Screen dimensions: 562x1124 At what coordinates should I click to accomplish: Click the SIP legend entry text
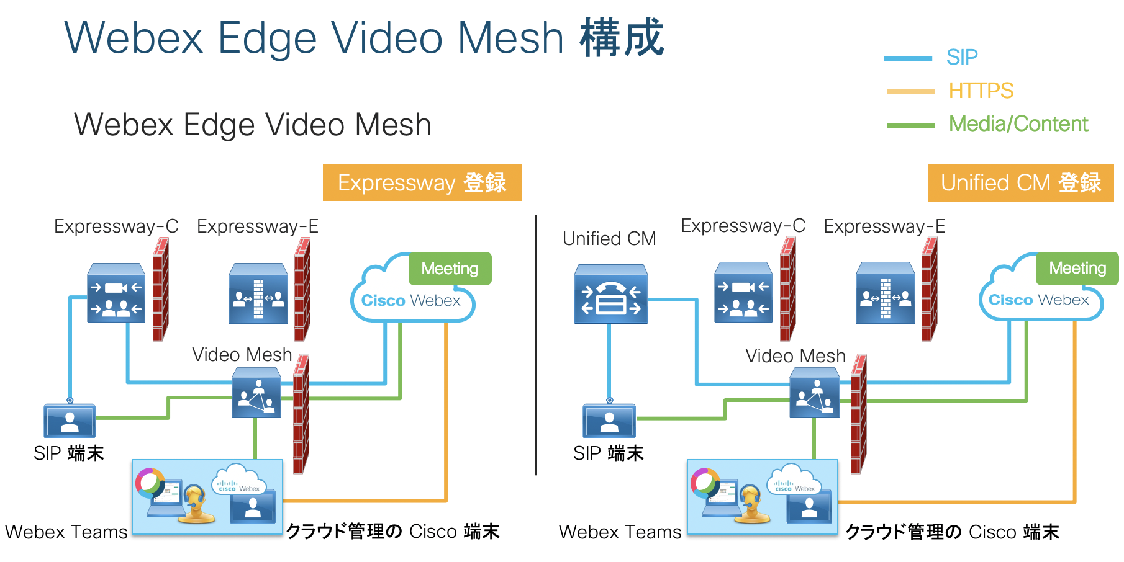tap(961, 57)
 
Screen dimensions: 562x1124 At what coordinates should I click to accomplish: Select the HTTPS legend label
tap(981, 91)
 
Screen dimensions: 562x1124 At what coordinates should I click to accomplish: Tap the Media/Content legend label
tap(1018, 123)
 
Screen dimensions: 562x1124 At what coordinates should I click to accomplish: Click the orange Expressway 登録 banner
tap(422, 182)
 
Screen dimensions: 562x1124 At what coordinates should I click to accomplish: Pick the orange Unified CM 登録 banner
tap(1020, 183)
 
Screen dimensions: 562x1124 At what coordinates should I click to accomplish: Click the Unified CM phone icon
tap(610, 294)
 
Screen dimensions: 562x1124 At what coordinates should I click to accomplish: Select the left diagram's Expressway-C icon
tap(116, 293)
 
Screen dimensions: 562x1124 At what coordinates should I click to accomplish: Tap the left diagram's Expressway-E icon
tap(258, 293)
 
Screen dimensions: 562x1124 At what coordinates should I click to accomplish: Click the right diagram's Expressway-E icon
tap(885, 293)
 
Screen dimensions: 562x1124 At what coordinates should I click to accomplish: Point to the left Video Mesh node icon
tap(256, 393)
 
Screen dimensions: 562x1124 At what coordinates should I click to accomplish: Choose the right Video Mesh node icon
tap(814, 393)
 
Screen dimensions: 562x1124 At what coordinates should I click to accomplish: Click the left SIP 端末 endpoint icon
tap(70, 420)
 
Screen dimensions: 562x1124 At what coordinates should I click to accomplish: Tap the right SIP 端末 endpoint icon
tap(609, 420)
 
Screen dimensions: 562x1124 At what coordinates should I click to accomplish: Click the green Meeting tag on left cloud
tap(450, 269)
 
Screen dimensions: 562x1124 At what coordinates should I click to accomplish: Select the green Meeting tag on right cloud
tap(1077, 268)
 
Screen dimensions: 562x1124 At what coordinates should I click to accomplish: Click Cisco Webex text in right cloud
tap(1038, 300)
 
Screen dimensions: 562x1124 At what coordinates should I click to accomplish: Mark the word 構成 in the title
tap(622, 38)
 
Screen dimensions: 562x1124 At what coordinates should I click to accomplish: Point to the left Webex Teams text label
tap(66, 532)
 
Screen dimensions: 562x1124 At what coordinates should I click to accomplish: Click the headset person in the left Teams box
tap(195, 502)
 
